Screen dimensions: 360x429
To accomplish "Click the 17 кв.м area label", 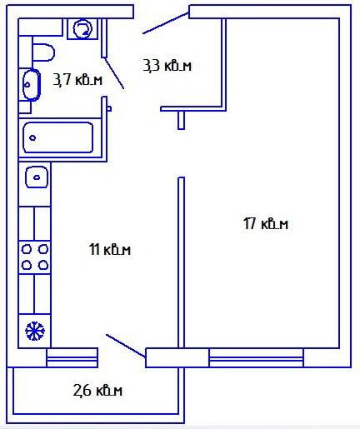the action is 266,223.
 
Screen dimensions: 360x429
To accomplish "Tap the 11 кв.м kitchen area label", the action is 110,249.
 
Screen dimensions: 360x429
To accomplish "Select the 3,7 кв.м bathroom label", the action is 77,80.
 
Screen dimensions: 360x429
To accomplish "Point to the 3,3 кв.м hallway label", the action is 167,66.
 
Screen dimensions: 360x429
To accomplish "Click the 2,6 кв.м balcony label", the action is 97,390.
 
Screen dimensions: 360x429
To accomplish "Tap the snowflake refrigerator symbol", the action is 35,331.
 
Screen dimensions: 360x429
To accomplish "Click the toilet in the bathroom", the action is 43,52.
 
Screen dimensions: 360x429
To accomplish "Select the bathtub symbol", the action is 57,137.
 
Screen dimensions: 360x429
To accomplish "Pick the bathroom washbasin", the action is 32,84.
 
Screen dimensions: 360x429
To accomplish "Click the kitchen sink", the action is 37,177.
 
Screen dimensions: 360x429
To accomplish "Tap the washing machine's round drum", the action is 82,28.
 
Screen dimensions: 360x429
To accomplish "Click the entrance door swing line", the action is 166,23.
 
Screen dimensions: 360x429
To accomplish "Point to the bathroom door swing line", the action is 114,73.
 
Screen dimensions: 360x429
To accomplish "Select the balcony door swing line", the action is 126,346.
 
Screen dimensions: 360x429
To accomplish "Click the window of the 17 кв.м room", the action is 256,358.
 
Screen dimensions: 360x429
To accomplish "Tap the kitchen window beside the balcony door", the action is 72,358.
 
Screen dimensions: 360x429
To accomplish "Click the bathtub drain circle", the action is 32,137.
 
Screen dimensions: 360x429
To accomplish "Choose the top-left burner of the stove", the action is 27,249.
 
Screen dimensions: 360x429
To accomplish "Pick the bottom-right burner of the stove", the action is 43,265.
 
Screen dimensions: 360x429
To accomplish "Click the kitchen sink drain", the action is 37,177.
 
